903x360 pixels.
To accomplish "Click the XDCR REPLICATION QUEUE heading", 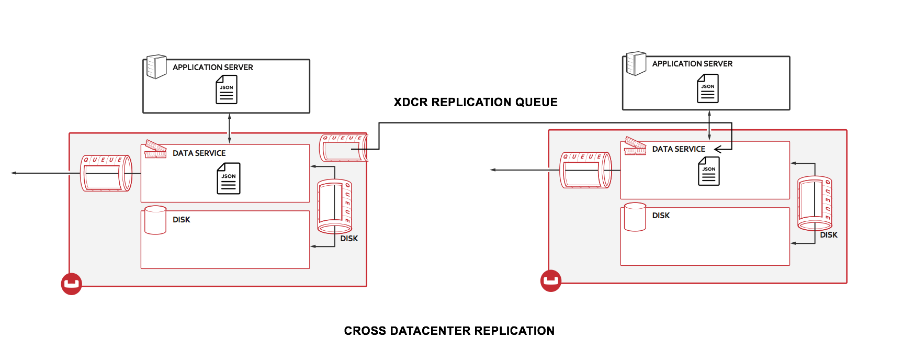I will pos(475,102).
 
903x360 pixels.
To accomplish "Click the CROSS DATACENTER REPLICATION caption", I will pos(449,331).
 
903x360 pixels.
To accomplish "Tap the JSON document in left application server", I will pos(227,89).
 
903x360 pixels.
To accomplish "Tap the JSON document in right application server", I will pos(707,88).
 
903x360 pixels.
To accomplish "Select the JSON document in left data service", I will pos(229,178).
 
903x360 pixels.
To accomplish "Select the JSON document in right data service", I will pos(708,171).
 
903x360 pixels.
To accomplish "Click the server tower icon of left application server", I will pos(156,67).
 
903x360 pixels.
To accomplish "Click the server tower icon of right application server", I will pos(636,63).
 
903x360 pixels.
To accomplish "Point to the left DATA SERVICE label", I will pos(199,153).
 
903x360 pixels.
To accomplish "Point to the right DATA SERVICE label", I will pos(678,149).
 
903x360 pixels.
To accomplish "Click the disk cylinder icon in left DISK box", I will pos(155,220).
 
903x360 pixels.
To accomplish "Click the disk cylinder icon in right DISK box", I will pos(635,217).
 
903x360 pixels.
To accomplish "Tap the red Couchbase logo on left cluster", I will pos(72,284).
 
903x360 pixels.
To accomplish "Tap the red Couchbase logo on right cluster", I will pos(550,281).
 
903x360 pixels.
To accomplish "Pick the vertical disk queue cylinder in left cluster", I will pos(334,206).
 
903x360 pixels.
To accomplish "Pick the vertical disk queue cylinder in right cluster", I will pos(814,204).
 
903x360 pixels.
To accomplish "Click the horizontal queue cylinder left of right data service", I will pos(585,170).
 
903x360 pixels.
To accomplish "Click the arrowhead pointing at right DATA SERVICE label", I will pos(718,149).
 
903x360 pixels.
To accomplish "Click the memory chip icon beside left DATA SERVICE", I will pos(155,149).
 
